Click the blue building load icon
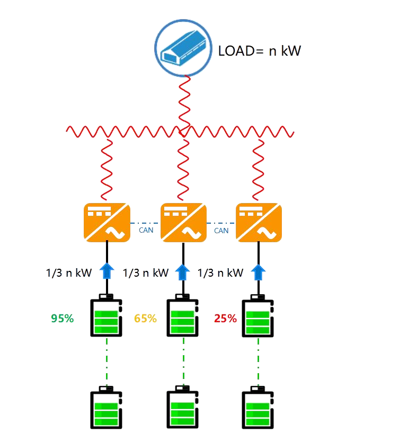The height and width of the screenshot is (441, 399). coord(183,48)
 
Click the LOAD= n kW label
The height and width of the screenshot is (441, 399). coord(260,51)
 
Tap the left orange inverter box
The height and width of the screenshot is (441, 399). coord(107,223)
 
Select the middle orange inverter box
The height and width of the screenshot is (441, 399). coord(183,223)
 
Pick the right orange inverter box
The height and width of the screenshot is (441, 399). coord(259,223)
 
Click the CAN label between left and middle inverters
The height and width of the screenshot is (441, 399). coord(146,231)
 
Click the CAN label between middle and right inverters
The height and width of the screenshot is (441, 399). coord(221,231)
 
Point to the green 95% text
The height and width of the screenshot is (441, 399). coord(63,319)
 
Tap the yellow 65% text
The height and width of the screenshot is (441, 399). coord(145,319)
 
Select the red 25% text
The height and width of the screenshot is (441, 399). coord(226,319)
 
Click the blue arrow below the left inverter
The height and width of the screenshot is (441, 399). coord(107,271)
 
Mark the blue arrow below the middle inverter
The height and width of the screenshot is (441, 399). coord(182,272)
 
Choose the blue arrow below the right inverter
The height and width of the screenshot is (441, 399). coord(258,272)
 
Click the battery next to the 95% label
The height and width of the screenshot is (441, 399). coord(107,315)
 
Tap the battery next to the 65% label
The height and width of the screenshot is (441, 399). coord(183,315)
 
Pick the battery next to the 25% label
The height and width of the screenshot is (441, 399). coord(258,315)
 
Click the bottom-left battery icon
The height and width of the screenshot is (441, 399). coord(107,408)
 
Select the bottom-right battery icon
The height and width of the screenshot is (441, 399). coord(258,408)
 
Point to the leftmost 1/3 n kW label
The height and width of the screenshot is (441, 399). coord(69,273)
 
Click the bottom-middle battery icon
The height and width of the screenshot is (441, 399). coord(183,407)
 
